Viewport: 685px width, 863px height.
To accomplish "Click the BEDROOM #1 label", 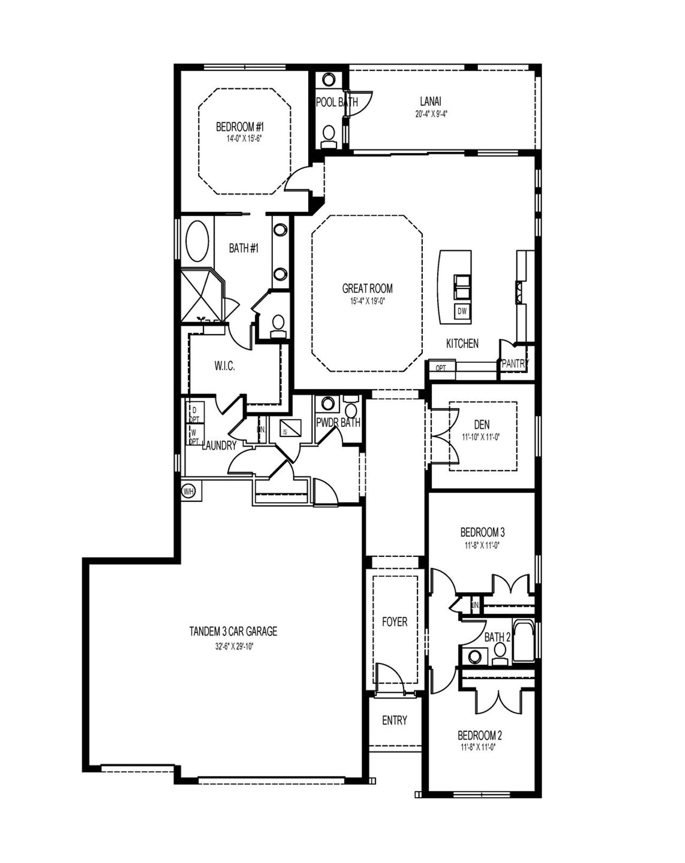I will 240,127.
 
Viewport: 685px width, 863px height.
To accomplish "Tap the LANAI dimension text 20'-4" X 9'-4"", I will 430,113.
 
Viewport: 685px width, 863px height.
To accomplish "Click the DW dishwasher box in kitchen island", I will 461,311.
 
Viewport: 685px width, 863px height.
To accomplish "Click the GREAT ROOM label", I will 367,288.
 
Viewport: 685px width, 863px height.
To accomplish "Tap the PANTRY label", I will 515,364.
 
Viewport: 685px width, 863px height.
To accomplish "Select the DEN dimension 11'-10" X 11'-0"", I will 481,437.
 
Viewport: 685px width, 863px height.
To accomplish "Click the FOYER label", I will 394,622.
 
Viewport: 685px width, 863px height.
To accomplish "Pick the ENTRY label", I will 394,721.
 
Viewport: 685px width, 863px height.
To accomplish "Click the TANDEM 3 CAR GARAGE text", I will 233,631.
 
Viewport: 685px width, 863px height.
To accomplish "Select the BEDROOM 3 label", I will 482,532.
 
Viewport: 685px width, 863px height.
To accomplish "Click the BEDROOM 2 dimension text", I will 479,747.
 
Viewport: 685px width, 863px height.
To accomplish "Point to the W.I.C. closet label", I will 225,366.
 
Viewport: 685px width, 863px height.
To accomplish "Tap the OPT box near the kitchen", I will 441,368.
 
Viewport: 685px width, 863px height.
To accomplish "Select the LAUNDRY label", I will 219,446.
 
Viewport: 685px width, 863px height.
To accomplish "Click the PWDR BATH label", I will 338,423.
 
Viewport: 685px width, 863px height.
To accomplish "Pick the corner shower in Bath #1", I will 201,295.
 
